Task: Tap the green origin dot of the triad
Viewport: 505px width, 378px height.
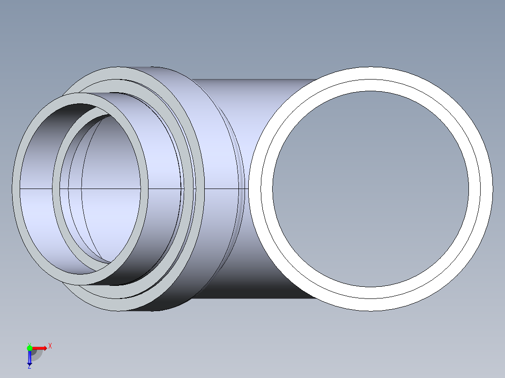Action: (30, 348)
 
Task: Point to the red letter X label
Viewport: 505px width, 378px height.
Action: (50, 346)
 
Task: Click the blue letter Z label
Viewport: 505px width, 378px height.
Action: (29, 367)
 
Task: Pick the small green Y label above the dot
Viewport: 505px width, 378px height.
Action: (29, 343)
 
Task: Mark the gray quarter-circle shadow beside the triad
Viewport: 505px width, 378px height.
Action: (37, 355)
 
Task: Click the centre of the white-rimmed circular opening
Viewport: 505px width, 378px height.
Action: (371, 189)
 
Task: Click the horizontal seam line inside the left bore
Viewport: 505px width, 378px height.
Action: (37, 189)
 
